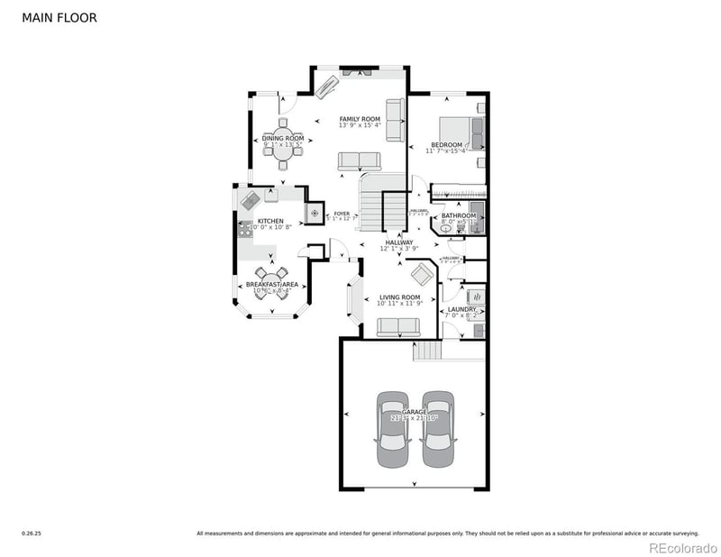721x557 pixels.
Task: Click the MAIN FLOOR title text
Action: coord(59,17)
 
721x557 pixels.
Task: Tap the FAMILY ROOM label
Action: coord(360,119)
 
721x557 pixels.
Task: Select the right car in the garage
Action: coord(437,430)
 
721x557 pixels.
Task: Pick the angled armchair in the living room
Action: coord(421,274)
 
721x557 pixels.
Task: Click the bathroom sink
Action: coord(448,229)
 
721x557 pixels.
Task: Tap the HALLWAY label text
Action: coord(399,242)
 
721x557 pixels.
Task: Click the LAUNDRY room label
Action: coord(462,309)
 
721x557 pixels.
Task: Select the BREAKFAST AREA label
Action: coord(272,285)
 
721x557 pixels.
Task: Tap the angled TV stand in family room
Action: coord(325,86)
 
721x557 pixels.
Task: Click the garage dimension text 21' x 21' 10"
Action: coord(415,418)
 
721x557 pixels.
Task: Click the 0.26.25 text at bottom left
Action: coord(32,534)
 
